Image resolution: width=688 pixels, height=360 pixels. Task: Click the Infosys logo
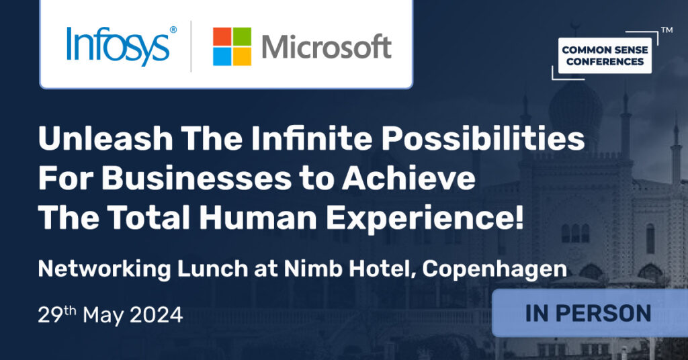click(x=122, y=46)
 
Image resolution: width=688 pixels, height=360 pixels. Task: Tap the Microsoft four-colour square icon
click(x=232, y=46)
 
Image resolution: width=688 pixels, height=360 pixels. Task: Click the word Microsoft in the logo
click(x=327, y=46)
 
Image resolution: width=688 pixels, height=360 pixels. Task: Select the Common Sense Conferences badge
click(x=605, y=56)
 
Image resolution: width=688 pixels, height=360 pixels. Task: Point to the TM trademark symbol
click(x=666, y=30)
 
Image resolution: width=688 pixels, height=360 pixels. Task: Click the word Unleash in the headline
click(x=105, y=138)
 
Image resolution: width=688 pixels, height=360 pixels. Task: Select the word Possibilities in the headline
click(x=482, y=138)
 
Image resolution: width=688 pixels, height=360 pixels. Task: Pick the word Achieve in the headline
click(x=408, y=178)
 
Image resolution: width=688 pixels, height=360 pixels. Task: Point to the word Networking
click(x=104, y=269)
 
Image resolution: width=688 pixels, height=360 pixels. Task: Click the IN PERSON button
click(x=589, y=313)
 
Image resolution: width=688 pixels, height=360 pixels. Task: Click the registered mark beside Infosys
click(x=173, y=30)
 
